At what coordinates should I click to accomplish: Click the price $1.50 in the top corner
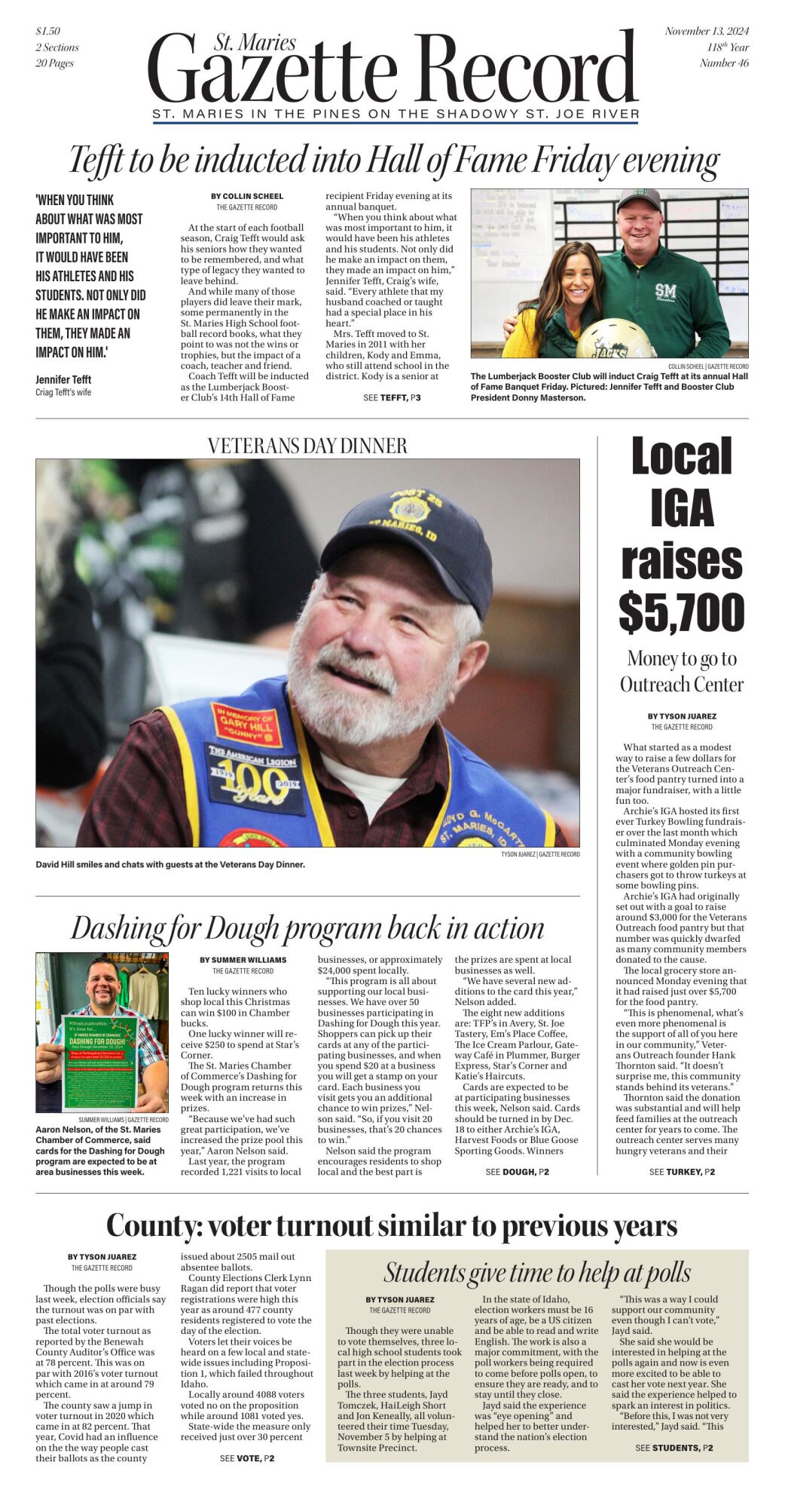[47, 31]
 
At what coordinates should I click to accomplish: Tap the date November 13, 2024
[706, 31]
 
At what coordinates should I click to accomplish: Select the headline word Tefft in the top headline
[96, 161]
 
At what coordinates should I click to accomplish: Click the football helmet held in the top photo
[615, 339]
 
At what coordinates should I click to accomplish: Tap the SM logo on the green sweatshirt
[665, 292]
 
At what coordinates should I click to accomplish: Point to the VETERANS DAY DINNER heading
[307, 446]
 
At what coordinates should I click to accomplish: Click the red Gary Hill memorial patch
[246, 725]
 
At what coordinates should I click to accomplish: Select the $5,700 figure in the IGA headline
[681, 612]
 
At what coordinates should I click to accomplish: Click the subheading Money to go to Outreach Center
[681, 671]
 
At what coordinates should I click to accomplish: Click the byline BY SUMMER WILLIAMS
[243, 960]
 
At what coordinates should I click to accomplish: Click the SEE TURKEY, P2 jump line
[681, 1172]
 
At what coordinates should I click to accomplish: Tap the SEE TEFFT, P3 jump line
[391, 397]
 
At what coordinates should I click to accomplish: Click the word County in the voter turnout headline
[153, 1225]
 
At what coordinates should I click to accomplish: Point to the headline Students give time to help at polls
[536, 1273]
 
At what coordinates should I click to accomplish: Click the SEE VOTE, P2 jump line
[246, 1458]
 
